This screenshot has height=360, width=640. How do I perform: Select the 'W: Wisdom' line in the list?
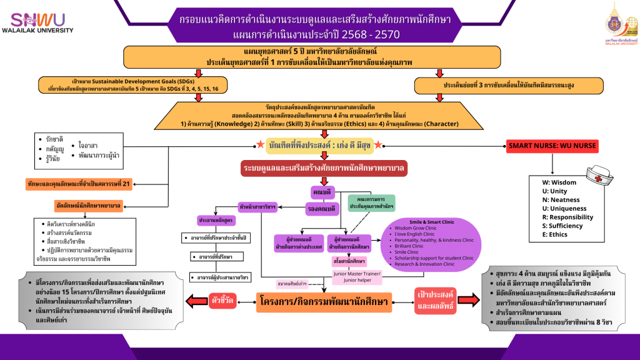click(559, 182)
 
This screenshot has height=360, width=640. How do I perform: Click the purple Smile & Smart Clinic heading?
click(428, 221)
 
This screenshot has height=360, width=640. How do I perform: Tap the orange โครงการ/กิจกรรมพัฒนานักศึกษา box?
click(324, 303)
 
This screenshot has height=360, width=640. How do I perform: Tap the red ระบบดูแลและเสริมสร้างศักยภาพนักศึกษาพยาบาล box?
click(324, 168)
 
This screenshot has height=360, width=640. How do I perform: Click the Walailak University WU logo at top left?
click(37, 23)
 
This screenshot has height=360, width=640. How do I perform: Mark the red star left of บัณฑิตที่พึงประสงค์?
click(259, 145)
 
